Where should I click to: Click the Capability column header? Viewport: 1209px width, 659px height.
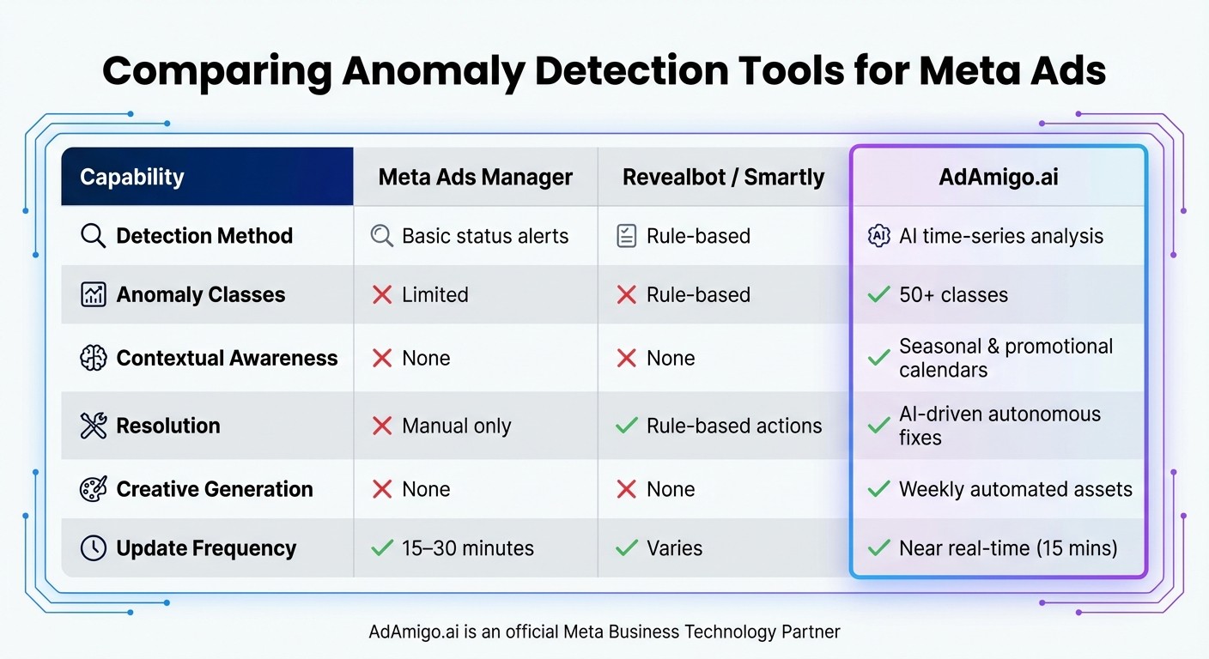pyautogui.click(x=132, y=178)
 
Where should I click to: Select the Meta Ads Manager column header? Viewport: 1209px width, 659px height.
pyautogui.click(x=475, y=178)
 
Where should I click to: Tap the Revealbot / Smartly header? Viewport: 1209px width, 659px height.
pyautogui.click(x=723, y=178)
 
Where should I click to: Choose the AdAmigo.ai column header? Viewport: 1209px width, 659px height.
pyautogui.click(x=999, y=178)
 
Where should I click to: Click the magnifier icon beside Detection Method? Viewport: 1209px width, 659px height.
pyautogui.click(x=93, y=236)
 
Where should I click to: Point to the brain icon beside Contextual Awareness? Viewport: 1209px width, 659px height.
pyautogui.click(x=93, y=358)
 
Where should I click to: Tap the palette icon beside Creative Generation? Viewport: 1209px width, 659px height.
pyautogui.click(x=93, y=489)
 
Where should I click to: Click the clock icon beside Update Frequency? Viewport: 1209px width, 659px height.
pyautogui.click(x=93, y=548)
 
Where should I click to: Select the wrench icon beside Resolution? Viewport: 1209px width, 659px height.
pyautogui.click(x=93, y=426)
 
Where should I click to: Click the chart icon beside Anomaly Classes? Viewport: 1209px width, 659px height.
pyautogui.click(x=93, y=295)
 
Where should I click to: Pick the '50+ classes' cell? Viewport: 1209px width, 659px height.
pyautogui.click(x=953, y=295)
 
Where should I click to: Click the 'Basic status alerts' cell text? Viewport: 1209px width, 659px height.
pyautogui.click(x=485, y=236)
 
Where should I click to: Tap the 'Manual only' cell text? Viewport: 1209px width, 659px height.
pyautogui.click(x=456, y=426)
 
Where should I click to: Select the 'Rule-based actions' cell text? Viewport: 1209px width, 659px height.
pyautogui.click(x=734, y=426)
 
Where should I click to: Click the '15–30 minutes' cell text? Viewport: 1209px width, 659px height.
pyautogui.click(x=468, y=548)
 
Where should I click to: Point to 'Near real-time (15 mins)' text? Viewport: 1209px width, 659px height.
pyautogui.click(x=1008, y=548)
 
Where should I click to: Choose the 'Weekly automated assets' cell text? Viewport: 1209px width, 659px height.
pyautogui.click(x=1016, y=489)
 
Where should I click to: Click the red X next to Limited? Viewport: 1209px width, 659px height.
pyautogui.click(x=382, y=295)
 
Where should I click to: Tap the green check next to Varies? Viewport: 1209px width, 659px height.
pyautogui.click(x=628, y=548)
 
